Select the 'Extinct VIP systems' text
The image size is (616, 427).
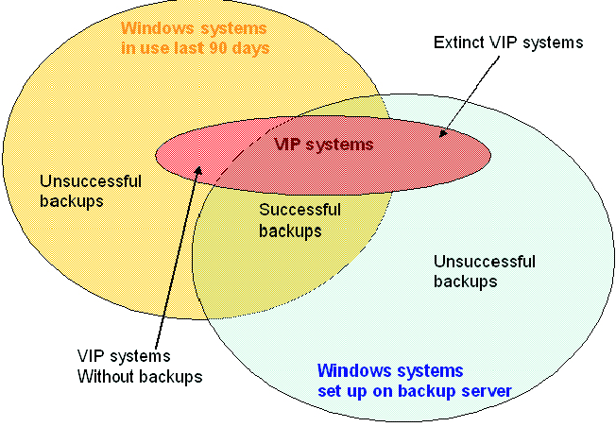pos(508,43)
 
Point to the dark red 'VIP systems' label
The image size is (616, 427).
pos(323,145)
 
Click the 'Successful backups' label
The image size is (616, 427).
pos(299,219)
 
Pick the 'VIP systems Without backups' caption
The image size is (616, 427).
pos(140,366)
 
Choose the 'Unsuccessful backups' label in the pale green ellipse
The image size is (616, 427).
pos(484,270)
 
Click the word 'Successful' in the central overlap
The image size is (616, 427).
pos(299,210)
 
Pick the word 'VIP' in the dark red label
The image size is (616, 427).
pos(287,145)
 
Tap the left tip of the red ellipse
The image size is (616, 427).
pos(156,151)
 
